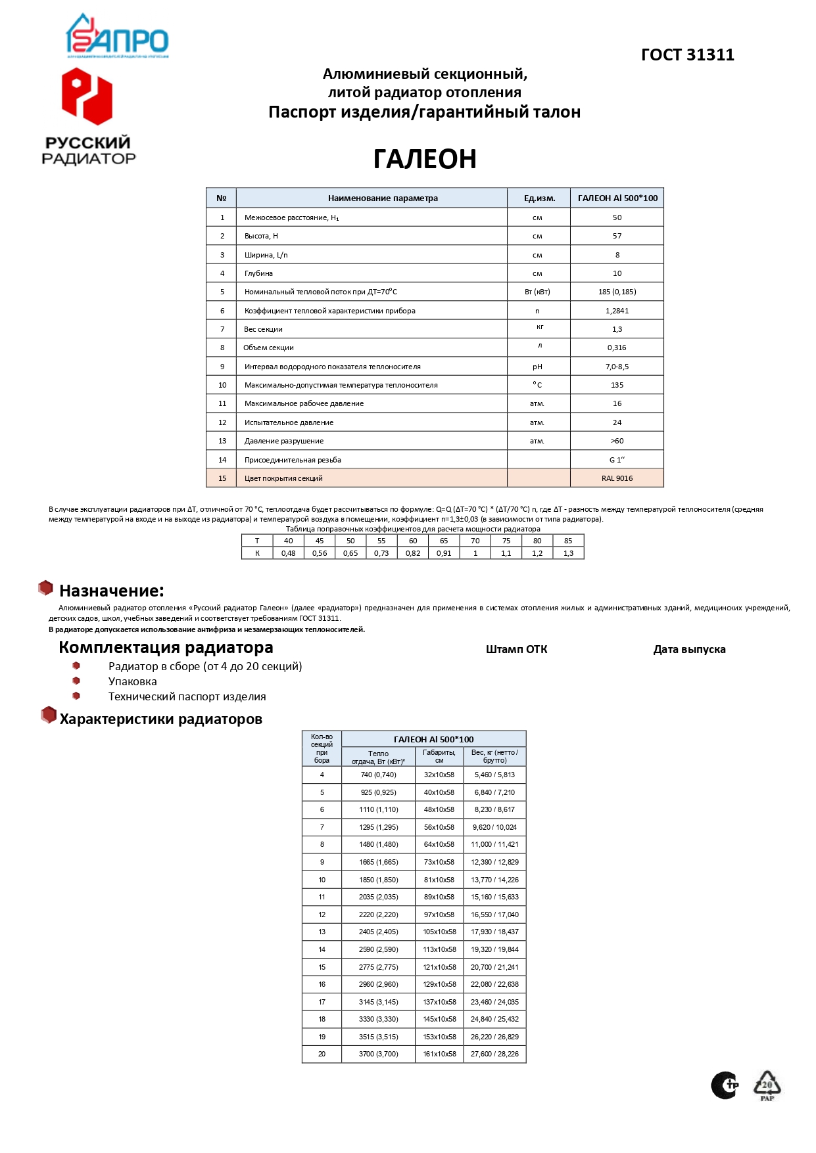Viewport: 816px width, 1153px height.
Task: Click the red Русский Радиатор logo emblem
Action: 87,97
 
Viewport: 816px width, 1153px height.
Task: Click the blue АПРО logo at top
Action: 117,37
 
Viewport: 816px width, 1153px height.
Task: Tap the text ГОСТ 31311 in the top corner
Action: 687,55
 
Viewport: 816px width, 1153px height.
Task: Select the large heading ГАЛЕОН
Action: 425,159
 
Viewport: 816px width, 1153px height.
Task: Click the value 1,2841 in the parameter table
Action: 617,311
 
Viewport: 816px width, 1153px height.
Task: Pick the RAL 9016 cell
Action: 617,478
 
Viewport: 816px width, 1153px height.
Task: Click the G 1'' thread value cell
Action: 617,460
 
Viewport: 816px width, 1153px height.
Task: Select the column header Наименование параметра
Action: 383,198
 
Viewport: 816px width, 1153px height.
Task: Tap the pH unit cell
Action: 537,367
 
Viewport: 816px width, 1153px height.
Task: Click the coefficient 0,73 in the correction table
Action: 381,553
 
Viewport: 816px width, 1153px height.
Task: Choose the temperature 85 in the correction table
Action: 568,541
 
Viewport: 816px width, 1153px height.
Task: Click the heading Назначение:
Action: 111,591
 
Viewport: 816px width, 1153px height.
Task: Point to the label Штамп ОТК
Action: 516,650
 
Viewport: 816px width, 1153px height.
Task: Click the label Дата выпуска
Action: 689,650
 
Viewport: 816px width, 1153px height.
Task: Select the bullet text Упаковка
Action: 133,682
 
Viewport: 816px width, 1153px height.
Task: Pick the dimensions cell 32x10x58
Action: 439,775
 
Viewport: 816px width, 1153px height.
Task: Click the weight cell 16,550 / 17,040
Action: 494,915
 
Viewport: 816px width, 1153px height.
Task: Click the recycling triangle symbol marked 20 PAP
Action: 767,1085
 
